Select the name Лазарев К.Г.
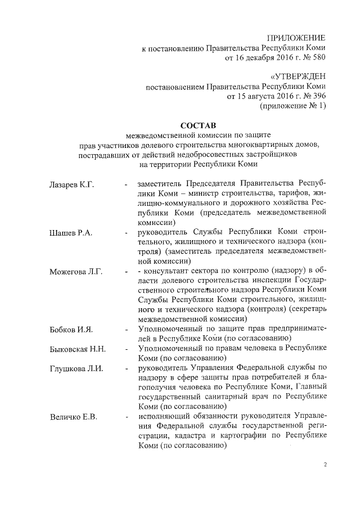70,184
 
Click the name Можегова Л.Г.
73,272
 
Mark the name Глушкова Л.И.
74,369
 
